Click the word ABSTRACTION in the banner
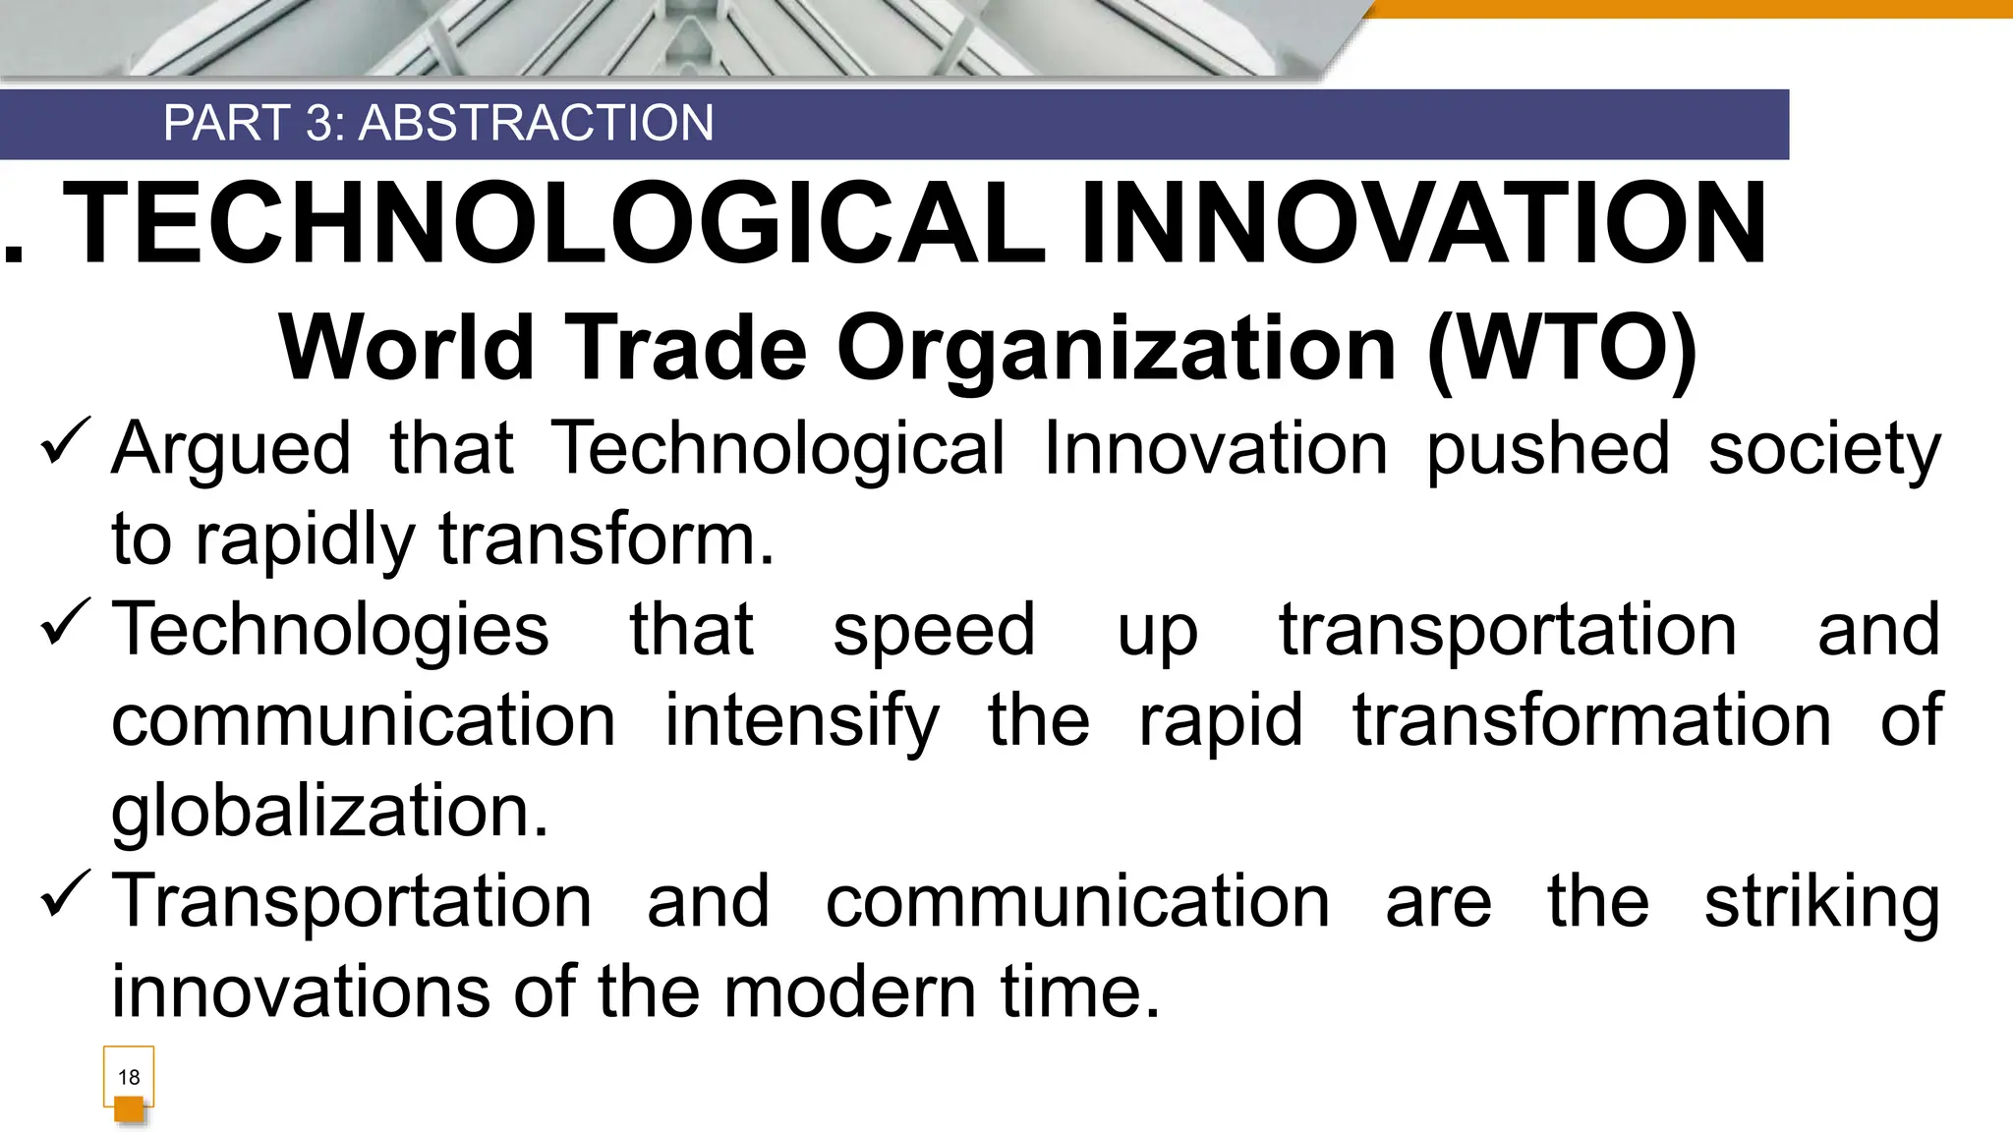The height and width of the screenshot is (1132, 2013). coord(536,124)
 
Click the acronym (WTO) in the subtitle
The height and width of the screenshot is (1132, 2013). coord(1562,348)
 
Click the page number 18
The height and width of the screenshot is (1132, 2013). coord(129,1077)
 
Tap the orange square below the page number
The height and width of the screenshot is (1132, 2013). coord(129,1109)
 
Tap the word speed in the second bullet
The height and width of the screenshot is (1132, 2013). coord(934,631)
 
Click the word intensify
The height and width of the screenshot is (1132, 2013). coord(802,721)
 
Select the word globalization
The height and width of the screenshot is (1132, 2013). coord(329,812)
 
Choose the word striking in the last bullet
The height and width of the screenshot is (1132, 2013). coord(1821,902)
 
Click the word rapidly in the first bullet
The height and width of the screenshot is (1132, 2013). coord(306,540)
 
